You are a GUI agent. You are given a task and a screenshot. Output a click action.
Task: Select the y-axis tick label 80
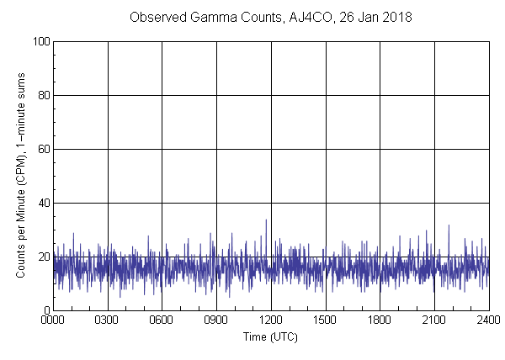[41, 95]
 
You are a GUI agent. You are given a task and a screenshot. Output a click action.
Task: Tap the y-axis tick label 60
[41, 149]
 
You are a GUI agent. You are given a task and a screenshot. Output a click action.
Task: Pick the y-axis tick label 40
[41, 203]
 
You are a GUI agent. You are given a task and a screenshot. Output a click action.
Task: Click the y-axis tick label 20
[41, 257]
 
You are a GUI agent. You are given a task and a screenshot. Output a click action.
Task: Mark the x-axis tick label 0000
[53, 320]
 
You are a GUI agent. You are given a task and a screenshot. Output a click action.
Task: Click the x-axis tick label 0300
[108, 320]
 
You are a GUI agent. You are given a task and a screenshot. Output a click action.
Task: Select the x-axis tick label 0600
[162, 320]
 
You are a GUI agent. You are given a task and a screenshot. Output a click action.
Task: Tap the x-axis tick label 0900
[216, 320]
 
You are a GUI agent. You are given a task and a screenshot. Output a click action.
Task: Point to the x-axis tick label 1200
[271, 320]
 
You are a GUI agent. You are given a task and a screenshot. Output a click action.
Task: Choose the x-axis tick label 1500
[325, 320]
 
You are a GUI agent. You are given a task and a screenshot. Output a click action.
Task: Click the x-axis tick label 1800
[380, 320]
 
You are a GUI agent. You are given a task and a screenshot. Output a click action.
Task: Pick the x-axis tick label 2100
[434, 320]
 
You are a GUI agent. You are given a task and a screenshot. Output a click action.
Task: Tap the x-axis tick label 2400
[488, 320]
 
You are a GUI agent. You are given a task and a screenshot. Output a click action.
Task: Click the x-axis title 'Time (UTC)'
[270, 336]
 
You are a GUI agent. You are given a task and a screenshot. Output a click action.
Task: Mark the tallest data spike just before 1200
[266, 220]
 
